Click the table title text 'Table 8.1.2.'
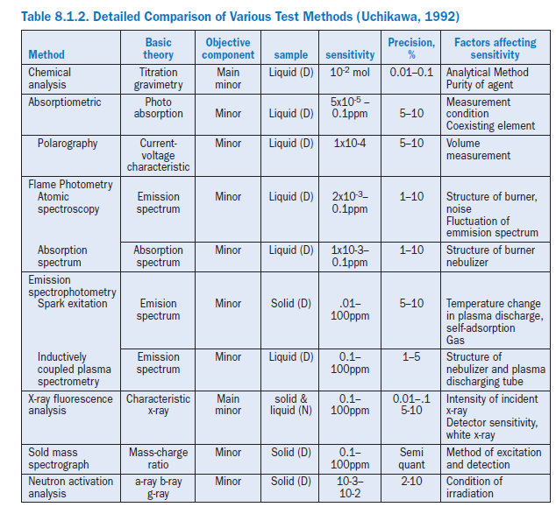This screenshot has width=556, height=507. point(58,17)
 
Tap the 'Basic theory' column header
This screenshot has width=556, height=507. point(158,48)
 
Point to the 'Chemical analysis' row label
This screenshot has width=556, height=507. point(50,79)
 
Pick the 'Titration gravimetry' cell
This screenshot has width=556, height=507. point(158,79)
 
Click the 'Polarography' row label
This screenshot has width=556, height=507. point(68,143)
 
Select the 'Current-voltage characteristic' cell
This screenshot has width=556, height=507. point(158,155)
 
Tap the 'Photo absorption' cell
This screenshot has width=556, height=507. point(158,108)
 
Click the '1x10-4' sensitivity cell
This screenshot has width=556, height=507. point(350,143)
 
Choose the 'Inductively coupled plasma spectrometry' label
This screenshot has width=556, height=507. point(75,369)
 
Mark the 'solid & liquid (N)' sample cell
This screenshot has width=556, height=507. point(290,405)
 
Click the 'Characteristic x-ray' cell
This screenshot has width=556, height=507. point(158,405)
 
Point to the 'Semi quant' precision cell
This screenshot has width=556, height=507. point(411,458)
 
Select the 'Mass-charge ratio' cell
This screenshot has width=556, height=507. point(158,458)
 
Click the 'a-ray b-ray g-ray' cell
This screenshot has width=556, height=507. point(158,487)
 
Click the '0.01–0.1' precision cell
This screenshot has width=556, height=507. point(411,72)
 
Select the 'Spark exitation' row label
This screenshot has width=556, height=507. point(73,304)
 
